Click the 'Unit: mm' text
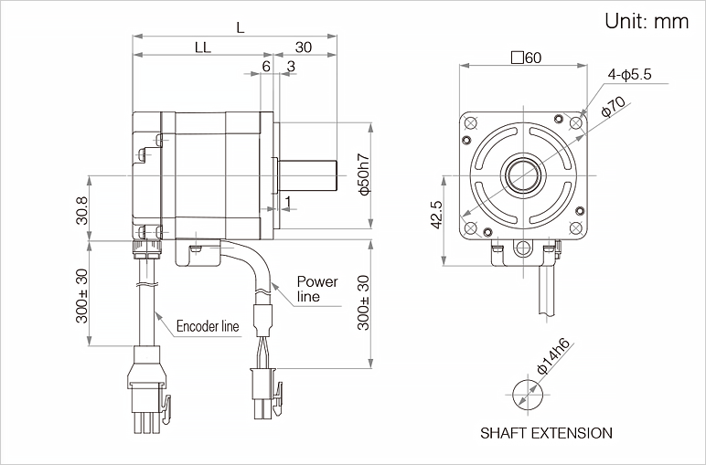click(646, 22)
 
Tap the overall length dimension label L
click(240, 27)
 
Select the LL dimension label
click(202, 48)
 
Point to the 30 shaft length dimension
click(304, 48)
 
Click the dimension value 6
click(266, 66)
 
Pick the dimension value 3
click(290, 66)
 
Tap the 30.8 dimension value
click(81, 211)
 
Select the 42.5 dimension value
click(436, 216)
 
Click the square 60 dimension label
click(526, 58)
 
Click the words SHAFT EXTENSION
click(546, 433)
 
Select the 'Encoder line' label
click(208, 326)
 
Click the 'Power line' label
click(317, 289)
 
